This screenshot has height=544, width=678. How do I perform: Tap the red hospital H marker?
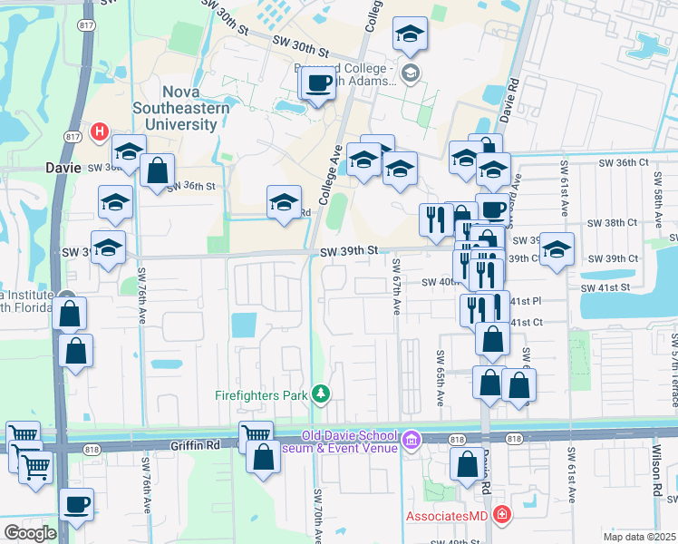(100, 132)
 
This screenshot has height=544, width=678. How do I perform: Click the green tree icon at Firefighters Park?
(320, 393)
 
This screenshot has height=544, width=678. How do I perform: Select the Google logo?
(29, 533)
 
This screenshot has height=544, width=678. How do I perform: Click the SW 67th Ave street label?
(396, 286)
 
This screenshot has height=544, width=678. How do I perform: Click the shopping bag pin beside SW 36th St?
(158, 170)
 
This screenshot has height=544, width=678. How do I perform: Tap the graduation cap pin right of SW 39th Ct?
(557, 248)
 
